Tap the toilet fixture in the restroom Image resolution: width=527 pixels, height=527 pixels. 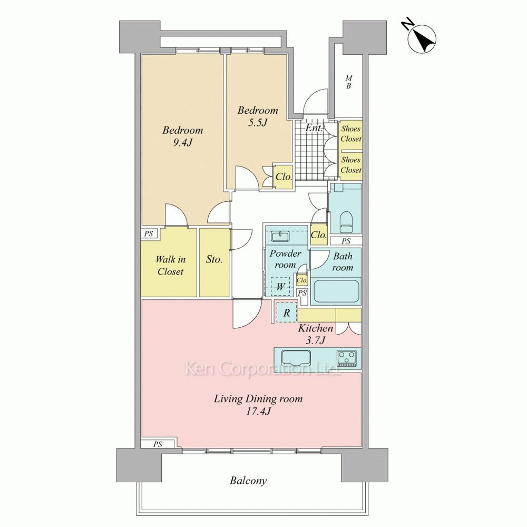pyautogui.click(x=346, y=222)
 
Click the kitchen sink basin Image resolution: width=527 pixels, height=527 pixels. pyautogui.click(x=296, y=358)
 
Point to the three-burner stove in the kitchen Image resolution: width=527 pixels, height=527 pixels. pyautogui.click(x=347, y=358)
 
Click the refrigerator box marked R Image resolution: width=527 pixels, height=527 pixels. pyautogui.click(x=287, y=313)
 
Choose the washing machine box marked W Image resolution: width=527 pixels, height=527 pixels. pyautogui.click(x=280, y=287)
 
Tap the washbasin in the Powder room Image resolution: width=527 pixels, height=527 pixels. pyautogui.click(x=280, y=237)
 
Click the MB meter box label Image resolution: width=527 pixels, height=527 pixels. pyautogui.click(x=348, y=82)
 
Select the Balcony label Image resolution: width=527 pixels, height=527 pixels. pyautogui.click(x=248, y=481)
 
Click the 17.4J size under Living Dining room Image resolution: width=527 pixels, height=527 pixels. pyautogui.click(x=258, y=411)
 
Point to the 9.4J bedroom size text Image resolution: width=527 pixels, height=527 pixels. pyautogui.click(x=182, y=142)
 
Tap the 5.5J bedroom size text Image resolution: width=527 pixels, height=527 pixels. pyautogui.click(x=258, y=122)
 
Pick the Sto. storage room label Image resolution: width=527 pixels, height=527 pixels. pyautogui.click(x=214, y=259)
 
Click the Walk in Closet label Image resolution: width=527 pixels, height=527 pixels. pyautogui.click(x=170, y=265)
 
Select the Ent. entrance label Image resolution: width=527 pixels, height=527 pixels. pyautogui.click(x=314, y=128)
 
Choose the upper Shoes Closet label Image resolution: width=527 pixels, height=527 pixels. pyautogui.click(x=351, y=133)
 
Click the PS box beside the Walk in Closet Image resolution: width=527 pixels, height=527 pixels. pyautogui.click(x=149, y=233)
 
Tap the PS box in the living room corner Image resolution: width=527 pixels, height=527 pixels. pyautogui.click(x=158, y=444)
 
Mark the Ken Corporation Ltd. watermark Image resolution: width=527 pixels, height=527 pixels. pyautogui.click(x=263, y=368)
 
